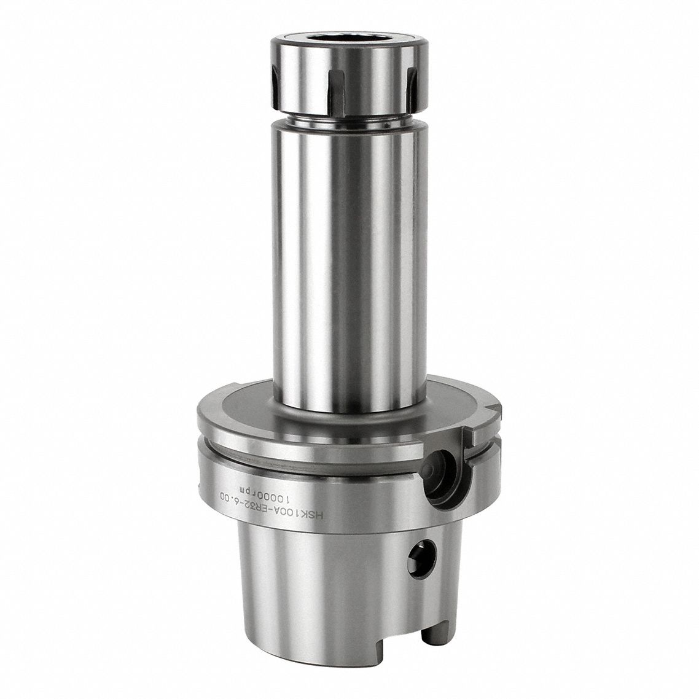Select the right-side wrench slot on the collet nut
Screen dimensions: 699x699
(x=412, y=86)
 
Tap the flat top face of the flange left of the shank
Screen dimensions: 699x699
(x=240, y=405)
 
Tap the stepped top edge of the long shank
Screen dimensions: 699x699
(x=348, y=128)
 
